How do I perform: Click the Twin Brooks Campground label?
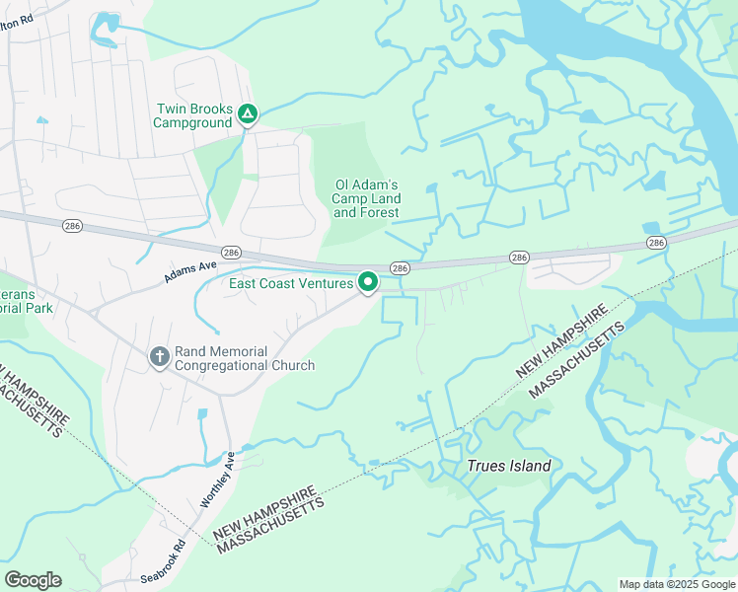pos(192,116)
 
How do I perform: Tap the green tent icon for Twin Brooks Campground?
pos(248,116)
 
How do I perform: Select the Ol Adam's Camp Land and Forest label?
pos(366,198)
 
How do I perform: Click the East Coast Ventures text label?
pos(291,284)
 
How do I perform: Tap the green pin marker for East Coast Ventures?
pos(368,283)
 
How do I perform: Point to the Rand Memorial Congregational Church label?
pos(244,358)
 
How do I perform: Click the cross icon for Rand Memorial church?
pos(159,357)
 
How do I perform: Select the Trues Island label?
pos(508,466)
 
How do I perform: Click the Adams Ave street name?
pos(189,268)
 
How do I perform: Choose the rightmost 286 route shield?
pos(656,242)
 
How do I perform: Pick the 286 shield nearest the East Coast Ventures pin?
pos(399,268)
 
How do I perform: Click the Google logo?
pos(33,580)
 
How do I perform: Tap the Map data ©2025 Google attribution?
pos(676,584)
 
